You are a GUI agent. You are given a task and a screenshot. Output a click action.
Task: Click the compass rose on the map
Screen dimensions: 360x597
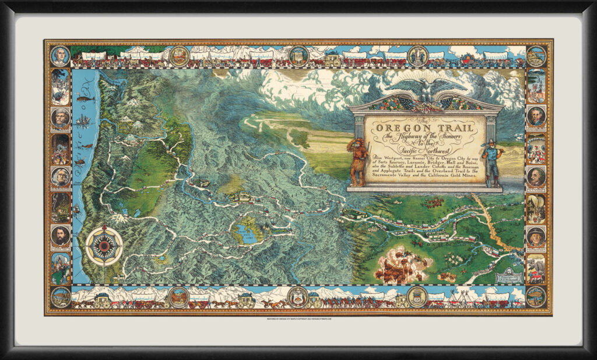104,246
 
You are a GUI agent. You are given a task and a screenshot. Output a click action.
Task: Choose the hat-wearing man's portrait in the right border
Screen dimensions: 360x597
536,235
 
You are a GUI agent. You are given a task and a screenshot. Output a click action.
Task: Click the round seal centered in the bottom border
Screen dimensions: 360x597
298,296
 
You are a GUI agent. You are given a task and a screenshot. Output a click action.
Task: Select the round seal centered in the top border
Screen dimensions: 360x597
298,55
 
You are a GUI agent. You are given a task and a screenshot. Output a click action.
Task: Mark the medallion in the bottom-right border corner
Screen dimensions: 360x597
536,296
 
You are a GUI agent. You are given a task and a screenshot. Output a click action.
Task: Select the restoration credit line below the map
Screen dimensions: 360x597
298,320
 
